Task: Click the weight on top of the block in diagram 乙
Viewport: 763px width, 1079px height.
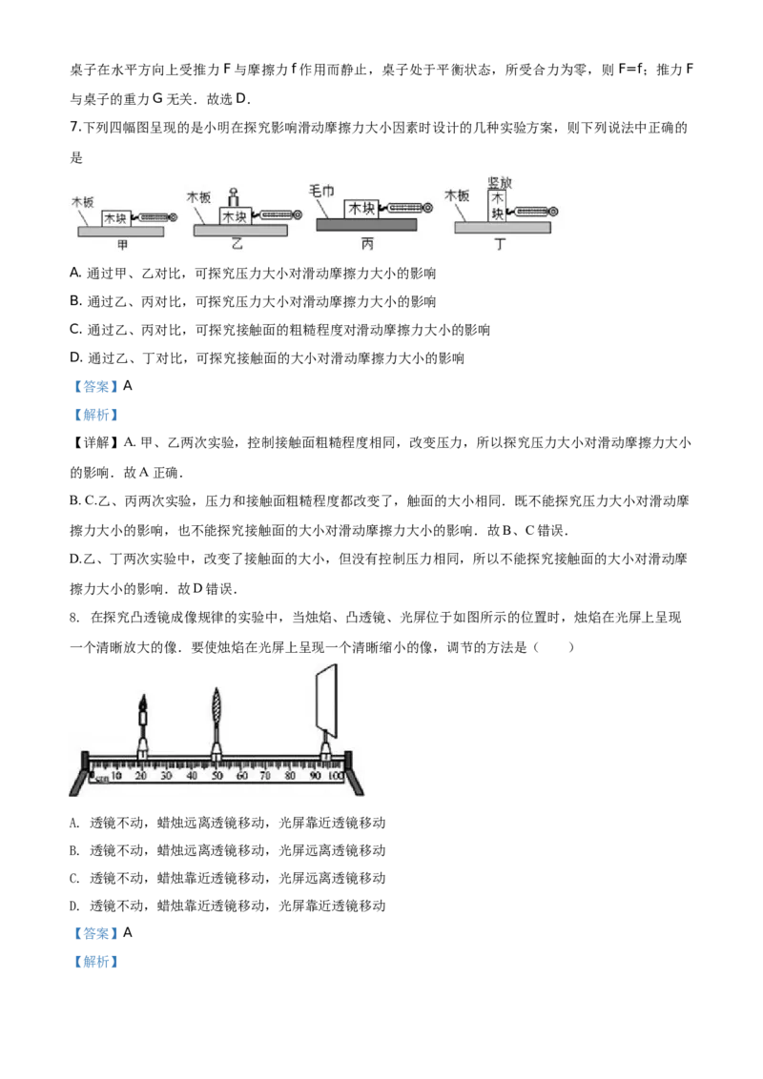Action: (234, 198)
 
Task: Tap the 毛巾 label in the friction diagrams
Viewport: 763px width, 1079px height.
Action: (320, 191)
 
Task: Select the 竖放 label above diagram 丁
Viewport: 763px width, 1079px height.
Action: (499, 182)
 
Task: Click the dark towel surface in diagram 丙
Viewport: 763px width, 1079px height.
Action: (366, 224)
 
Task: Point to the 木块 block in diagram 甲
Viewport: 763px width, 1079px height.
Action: (115, 218)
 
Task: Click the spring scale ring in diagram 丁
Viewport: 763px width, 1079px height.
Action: (554, 212)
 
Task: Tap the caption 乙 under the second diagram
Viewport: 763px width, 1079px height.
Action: (237, 244)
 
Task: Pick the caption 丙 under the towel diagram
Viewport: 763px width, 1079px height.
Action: (367, 244)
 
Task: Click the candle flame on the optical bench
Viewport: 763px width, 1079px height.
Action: (143, 702)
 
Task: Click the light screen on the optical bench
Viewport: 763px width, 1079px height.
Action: (326, 700)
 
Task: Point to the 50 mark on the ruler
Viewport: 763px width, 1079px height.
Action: (217, 776)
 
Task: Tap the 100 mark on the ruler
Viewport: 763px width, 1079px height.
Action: (336, 776)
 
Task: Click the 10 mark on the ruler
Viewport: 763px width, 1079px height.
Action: (116, 776)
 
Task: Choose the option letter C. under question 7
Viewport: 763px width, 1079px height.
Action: (76, 330)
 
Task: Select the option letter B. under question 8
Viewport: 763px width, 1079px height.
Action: (74, 850)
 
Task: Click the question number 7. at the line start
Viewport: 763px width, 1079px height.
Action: (75, 128)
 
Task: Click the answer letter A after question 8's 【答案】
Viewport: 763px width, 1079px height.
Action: (128, 932)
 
